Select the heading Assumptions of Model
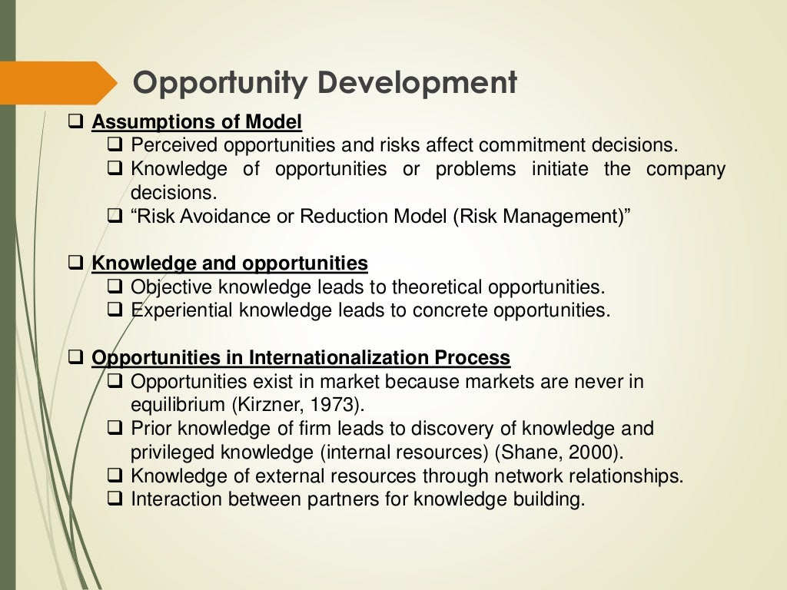tap(197, 122)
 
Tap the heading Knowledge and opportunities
tap(230, 264)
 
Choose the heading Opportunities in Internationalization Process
tap(301, 357)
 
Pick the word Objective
tap(172, 287)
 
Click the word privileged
tap(173, 451)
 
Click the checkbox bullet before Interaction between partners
tap(115, 498)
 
